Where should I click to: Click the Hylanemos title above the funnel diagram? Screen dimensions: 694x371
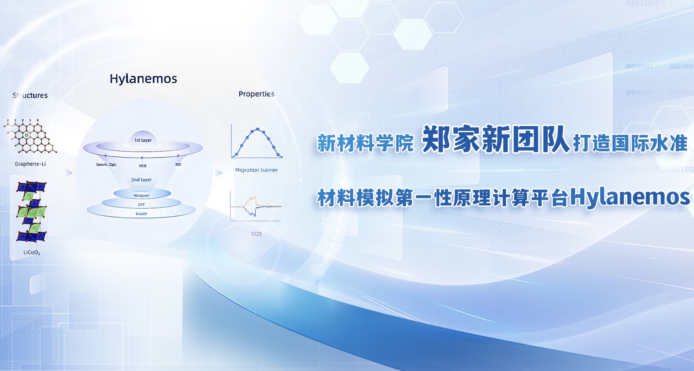click(143, 79)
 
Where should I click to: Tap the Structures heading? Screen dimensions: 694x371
click(30, 95)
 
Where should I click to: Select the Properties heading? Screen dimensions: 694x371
click(256, 94)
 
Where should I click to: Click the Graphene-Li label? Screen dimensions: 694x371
click(30, 164)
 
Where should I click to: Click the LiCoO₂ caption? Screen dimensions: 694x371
click(32, 253)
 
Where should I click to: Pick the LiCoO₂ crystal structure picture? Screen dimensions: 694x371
click(31, 211)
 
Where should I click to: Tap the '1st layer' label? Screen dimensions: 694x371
click(143, 140)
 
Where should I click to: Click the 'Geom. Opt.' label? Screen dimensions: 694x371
click(106, 164)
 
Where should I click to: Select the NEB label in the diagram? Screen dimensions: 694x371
click(143, 166)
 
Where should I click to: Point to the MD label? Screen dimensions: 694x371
click(178, 164)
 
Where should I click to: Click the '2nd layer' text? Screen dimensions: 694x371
click(142, 180)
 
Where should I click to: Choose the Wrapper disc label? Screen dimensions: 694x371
click(142, 195)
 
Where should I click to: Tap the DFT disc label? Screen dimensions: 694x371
click(142, 205)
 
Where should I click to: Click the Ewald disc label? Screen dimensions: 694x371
click(142, 214)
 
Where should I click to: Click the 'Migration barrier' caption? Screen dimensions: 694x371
click(256, 170)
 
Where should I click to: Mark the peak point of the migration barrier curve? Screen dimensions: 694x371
click(258, 129)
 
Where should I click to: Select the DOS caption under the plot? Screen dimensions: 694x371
click(256, 234)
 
